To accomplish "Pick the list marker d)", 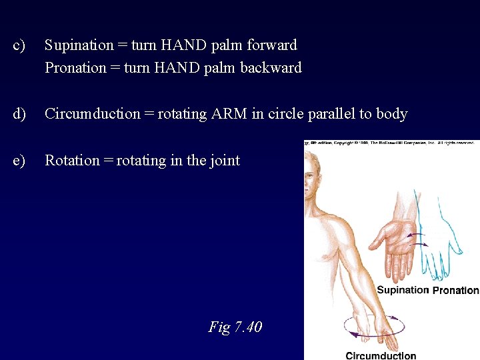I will click(x=19, y=114).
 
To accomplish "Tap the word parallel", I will click(x=331, y=114).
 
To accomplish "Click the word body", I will click(x=391, y=114).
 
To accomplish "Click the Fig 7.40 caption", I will click(x=235, y=327).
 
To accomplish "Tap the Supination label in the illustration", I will click(x=403, y=290).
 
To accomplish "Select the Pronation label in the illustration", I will click(x=456, y=291).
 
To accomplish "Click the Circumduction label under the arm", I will click(x=381, y=355).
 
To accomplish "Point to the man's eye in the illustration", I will click(x=311, y=177).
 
